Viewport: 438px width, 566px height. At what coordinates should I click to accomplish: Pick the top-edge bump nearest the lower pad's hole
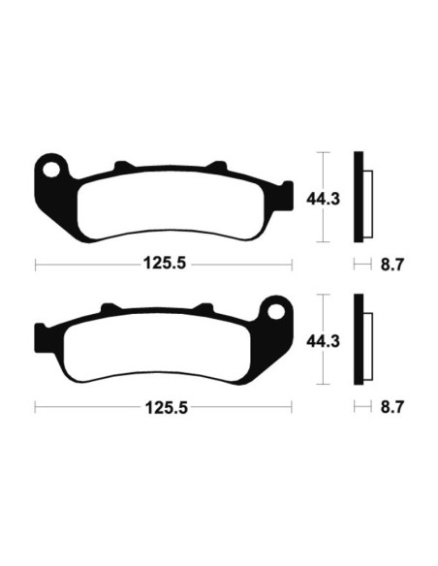point(205,309)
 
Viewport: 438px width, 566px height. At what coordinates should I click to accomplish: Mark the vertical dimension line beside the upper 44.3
point(326,199)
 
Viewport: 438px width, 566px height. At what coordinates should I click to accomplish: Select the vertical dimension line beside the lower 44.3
point(326,340)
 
